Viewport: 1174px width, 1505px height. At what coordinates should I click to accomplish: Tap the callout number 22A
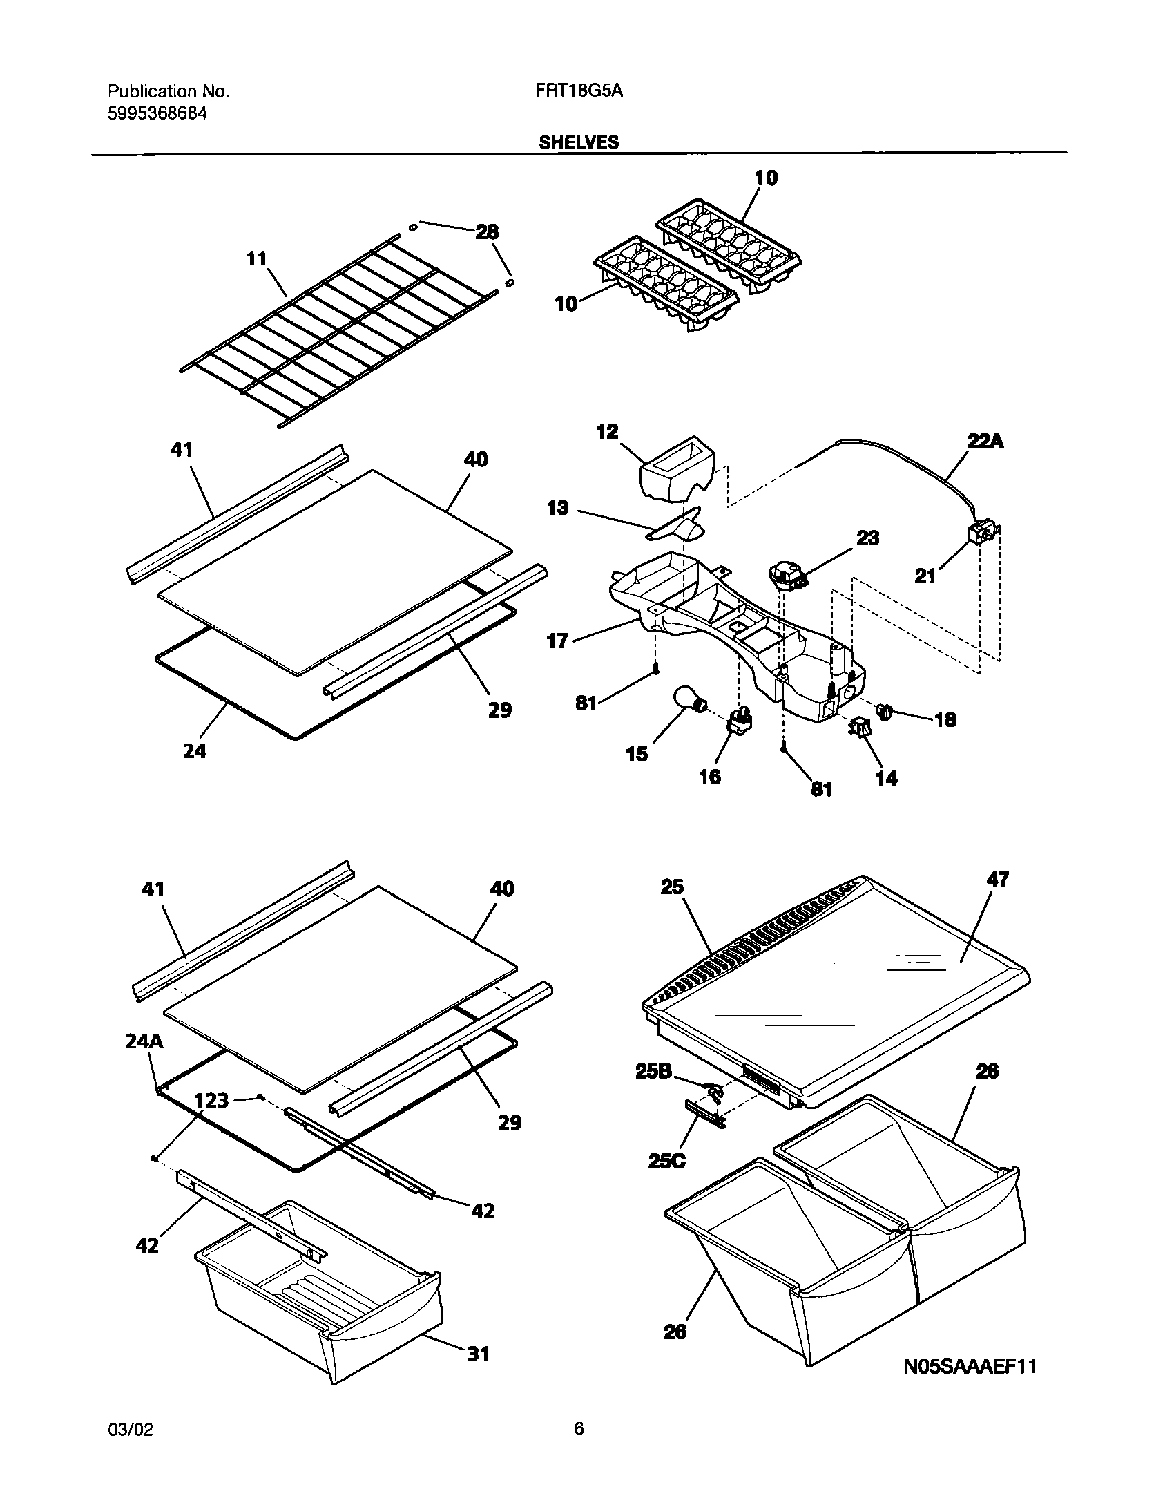(985, 441)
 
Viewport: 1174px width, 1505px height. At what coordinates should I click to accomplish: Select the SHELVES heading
(579, 142)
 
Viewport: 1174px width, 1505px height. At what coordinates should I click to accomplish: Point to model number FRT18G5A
(579, 91)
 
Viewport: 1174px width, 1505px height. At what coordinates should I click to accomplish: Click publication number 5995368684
(157, 114)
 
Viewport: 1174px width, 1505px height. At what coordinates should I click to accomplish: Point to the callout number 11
(256, 258)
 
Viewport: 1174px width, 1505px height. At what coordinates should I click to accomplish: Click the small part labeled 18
(885, 710)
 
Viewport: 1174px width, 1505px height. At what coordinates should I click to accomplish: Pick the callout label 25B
(654, 1072)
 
